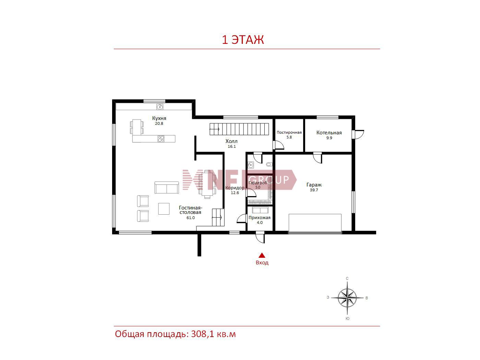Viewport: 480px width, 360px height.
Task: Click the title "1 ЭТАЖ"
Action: click(x=243, y=40)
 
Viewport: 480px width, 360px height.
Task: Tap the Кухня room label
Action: click(x=159, y=118)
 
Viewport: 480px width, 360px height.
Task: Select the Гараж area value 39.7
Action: click(x=314, y=190)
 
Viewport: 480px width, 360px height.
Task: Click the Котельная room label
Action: click(x=329, y=133)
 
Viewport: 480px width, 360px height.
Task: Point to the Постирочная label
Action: click(x=289, y=132)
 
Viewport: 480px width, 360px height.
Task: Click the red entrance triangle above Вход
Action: click(x=262, y=255)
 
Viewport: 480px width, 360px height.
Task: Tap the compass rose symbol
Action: click(x=347, y=298)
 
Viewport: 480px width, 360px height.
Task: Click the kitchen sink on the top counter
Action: click(x=160, y=107)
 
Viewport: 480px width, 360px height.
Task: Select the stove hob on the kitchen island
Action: click(x=161, y=139)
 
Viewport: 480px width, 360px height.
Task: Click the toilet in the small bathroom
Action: click(x=269, y=164)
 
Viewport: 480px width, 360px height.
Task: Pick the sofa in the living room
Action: click(x=167, y=188)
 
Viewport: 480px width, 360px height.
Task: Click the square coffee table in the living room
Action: click(x=164, y=209)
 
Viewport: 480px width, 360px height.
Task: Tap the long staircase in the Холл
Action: click(x=239, y=129)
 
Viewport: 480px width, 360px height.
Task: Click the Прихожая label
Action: click(x=259, y=217)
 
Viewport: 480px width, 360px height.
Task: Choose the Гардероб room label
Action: click(x=258, y=183)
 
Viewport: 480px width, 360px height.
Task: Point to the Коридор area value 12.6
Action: click(x=235, y=193)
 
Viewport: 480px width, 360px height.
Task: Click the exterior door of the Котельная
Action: click(x=358, y=134)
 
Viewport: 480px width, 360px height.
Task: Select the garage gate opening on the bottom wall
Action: click(x=315, y=233)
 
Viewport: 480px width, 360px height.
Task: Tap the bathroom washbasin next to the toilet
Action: click(x=251, y=165)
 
